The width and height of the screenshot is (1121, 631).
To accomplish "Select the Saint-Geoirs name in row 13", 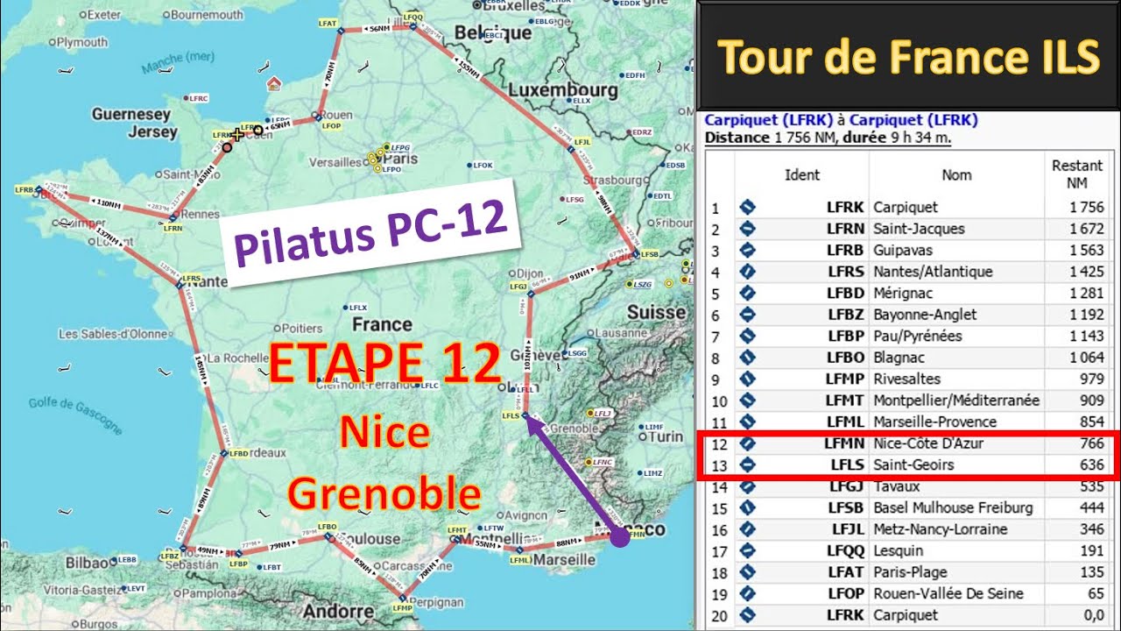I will coord(913,464).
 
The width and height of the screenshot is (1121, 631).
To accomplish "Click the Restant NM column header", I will coord(1076,174).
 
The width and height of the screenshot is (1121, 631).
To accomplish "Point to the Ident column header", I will coord(801,174).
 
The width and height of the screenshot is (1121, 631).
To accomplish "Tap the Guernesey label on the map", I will coord(131,115).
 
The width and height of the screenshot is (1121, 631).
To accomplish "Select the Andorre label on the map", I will coord(344,611).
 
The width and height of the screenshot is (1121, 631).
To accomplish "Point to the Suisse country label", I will coord(657,312).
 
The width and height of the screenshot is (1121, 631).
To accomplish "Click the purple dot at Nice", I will coord(619,537).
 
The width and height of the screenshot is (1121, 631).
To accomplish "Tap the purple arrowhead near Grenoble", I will coord(534,426).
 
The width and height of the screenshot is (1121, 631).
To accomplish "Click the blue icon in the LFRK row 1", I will coord(747,208).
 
